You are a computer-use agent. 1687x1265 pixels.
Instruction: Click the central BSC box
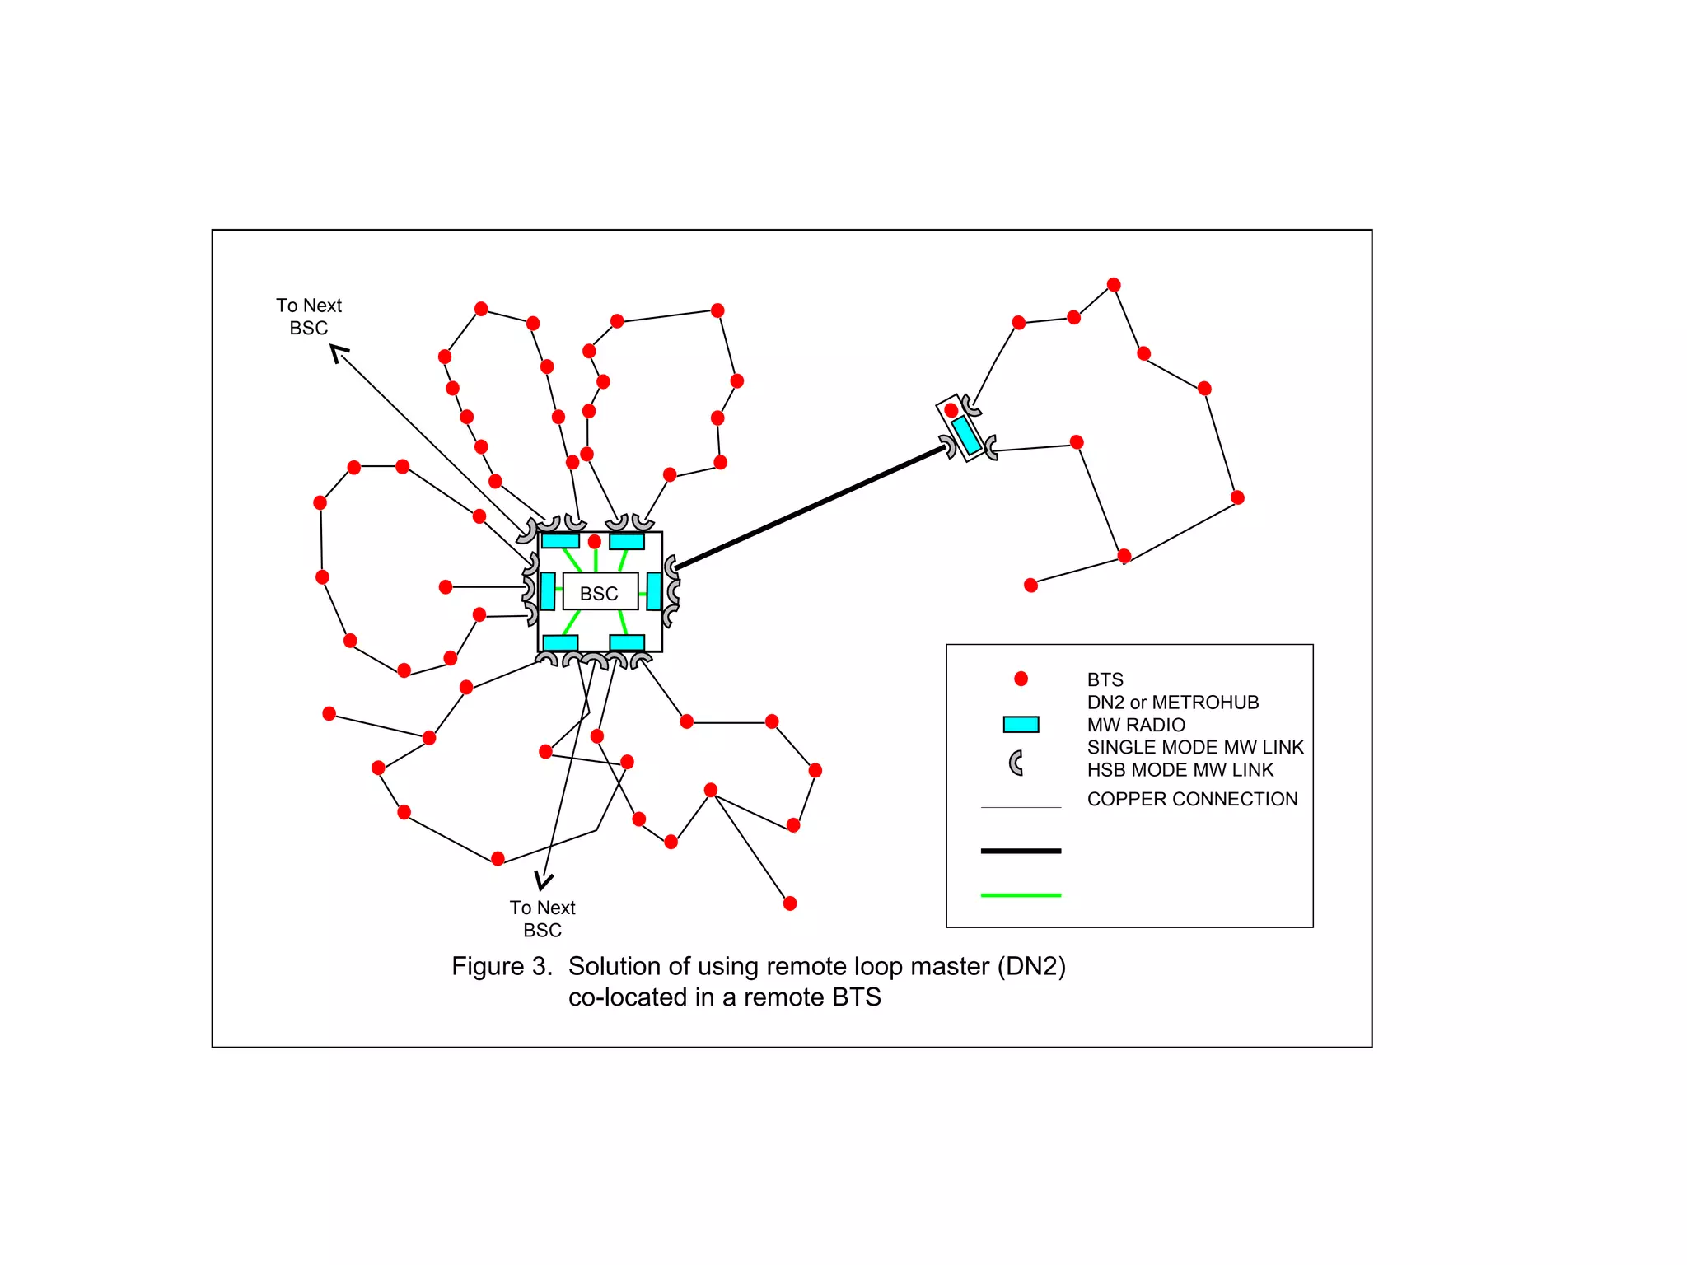coord(600,592)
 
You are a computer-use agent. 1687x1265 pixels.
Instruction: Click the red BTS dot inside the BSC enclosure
coord(595,541)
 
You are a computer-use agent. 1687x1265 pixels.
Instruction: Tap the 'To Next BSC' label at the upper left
coord(309,317)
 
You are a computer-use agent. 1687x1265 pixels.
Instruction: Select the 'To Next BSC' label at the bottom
coord(542,918)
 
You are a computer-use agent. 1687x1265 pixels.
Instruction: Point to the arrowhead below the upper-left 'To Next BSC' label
coord(339,354)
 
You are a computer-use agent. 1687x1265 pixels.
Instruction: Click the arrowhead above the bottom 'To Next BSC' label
coord(543,881)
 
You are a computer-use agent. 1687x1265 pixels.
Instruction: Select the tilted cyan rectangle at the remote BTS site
coord(965,435)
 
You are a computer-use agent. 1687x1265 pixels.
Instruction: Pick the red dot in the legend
coord(1021,679)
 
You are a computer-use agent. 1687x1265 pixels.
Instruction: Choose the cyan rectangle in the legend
coord(1021,725)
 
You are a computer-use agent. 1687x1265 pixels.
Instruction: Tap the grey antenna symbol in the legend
coord(1017,763)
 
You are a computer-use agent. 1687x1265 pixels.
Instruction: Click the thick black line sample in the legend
coord(1021,851)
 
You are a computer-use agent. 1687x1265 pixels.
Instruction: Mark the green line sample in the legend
coord(1021,895)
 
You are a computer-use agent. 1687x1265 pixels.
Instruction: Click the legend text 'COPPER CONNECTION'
coord(1192,799)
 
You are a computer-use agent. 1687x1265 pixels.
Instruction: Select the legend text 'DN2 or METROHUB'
coord(1173,703)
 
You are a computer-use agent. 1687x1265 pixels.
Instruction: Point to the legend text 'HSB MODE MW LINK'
coord(1180,770)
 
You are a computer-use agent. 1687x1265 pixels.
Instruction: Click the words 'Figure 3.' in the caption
coord(502,966)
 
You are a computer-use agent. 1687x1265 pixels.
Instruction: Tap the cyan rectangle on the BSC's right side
coord(654,591)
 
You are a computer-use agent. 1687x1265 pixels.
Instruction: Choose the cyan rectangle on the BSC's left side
coord(548,591)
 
